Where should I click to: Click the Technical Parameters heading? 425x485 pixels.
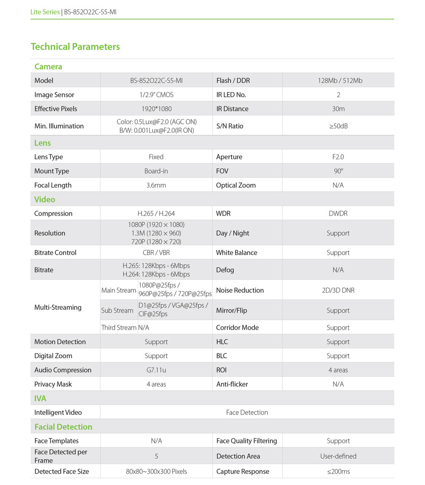75,47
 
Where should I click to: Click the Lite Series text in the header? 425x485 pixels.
45,12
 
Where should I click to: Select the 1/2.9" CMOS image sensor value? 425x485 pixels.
156,95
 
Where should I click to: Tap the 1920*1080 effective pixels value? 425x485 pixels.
156,109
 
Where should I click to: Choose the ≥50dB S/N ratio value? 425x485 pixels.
338,126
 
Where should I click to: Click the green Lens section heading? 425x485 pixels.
42,143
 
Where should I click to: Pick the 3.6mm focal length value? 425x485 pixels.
156,185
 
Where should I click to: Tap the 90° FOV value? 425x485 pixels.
338,171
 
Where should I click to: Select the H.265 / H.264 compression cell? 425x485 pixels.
156,213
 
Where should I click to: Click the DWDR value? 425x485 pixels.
338,213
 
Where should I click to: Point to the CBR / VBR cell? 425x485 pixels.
156,252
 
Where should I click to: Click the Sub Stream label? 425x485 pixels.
117,311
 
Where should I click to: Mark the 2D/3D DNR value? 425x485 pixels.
338,290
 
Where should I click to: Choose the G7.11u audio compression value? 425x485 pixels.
156,370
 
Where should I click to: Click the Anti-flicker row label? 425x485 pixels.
232,384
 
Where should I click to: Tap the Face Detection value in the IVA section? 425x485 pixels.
247,412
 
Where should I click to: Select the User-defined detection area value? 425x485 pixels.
338,456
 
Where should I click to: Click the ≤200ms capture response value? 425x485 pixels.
338,471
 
